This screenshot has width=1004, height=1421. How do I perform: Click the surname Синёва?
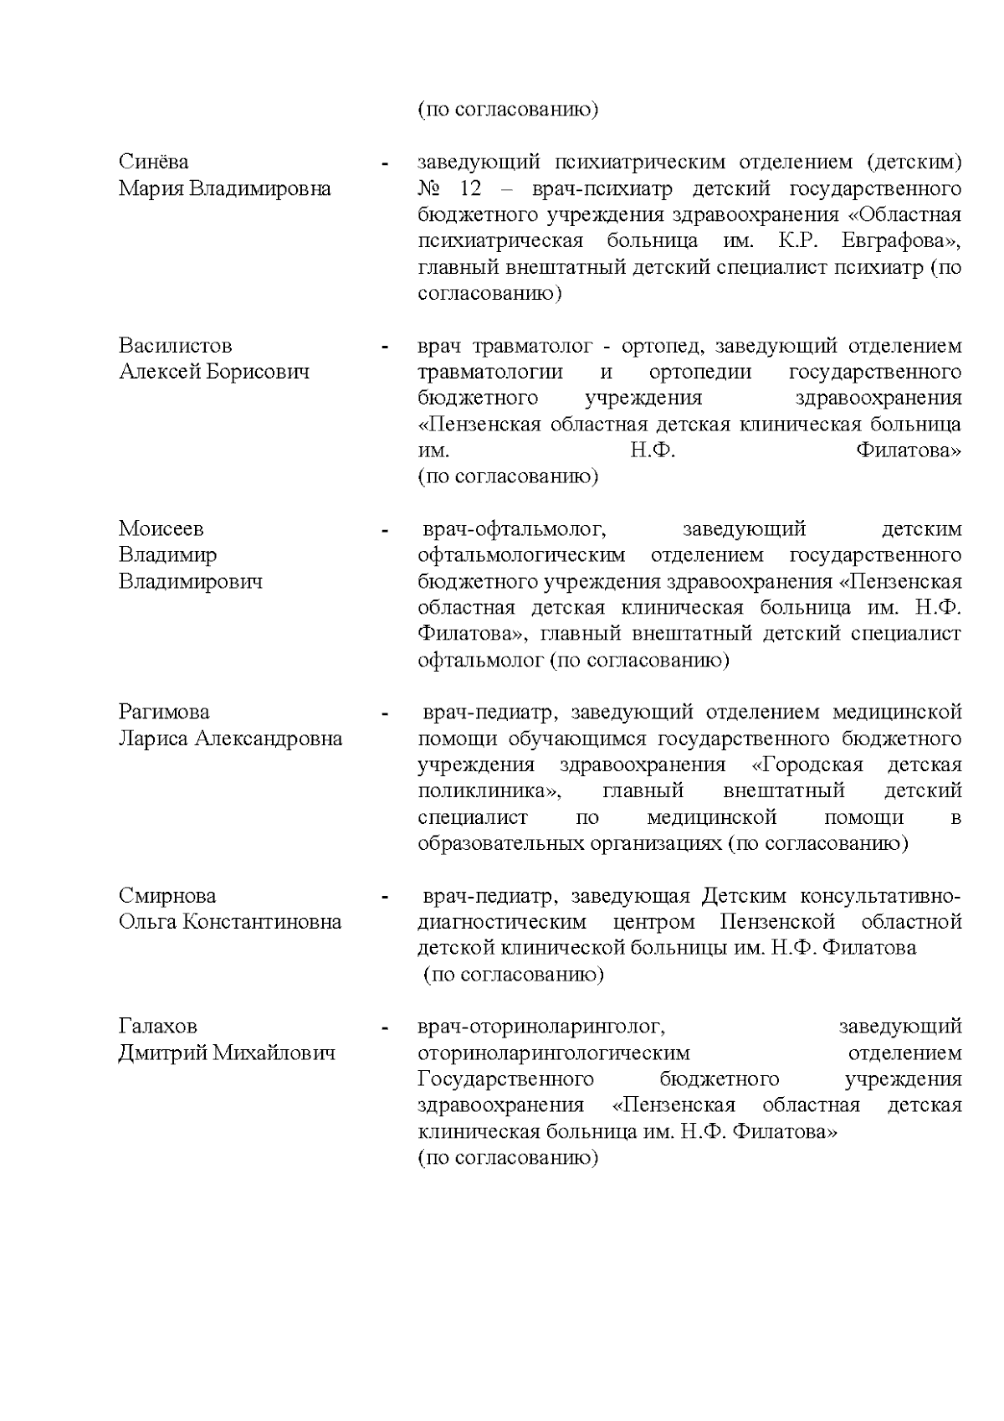(x=153, y=162)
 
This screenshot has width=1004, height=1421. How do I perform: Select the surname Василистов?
(x=175, y=346)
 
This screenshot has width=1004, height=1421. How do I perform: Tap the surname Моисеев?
(x=161, y=529)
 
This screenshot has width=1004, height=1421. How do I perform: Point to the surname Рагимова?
(x=164, y=713)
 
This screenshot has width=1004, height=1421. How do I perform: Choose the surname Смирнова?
(x=167, y=896)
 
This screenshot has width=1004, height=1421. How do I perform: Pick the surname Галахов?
(x=157, y=1027)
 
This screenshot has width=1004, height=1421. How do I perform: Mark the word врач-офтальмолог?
(x=514, y=529)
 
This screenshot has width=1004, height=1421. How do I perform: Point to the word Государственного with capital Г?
(x=505, y=1079)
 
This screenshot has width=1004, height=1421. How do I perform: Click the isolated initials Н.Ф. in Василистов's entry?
(x=653, y=450)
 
